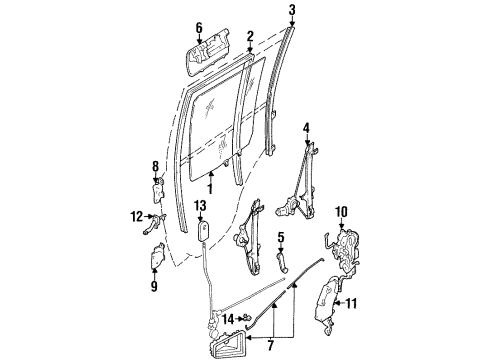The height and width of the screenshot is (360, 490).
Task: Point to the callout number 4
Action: pyautogui.click(x=307, y=127)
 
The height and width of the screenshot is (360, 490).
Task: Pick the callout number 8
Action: pyautogui.click(x=155, y=166)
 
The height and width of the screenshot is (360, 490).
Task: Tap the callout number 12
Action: pyautogui.click(x=136, y=215)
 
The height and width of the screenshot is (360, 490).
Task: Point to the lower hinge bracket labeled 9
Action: pyautogui.click(x=157, y=257)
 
